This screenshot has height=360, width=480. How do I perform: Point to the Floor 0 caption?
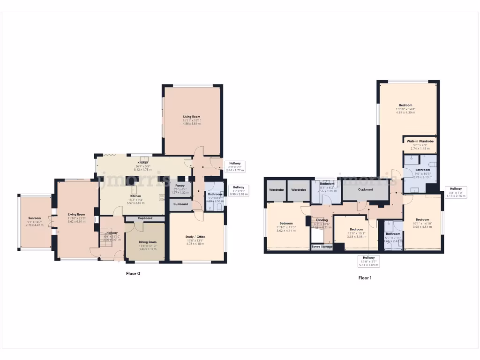coord(133,273)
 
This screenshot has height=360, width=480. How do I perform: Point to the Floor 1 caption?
coord(365,277)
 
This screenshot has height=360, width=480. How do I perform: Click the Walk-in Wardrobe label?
coord(420,141)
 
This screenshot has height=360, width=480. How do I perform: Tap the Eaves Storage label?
coord(322,247)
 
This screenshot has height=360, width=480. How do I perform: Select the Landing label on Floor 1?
coord(322,220)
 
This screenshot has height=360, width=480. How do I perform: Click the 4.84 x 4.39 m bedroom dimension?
coord(405,112)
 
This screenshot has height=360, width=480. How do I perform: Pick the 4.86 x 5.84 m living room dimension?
coord(192,124)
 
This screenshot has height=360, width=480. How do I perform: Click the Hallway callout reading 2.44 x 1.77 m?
coord(234,170)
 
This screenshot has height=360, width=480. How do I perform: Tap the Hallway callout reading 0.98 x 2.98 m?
coord(240,194)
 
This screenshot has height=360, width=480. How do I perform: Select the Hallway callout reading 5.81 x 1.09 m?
coord(368,264)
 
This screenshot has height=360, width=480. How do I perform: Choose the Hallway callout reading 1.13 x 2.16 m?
coord(455,196)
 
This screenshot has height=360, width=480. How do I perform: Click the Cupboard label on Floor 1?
coord(365,190)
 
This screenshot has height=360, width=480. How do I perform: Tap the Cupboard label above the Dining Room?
coord(145,218)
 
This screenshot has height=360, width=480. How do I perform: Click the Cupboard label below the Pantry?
coord(180,204)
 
